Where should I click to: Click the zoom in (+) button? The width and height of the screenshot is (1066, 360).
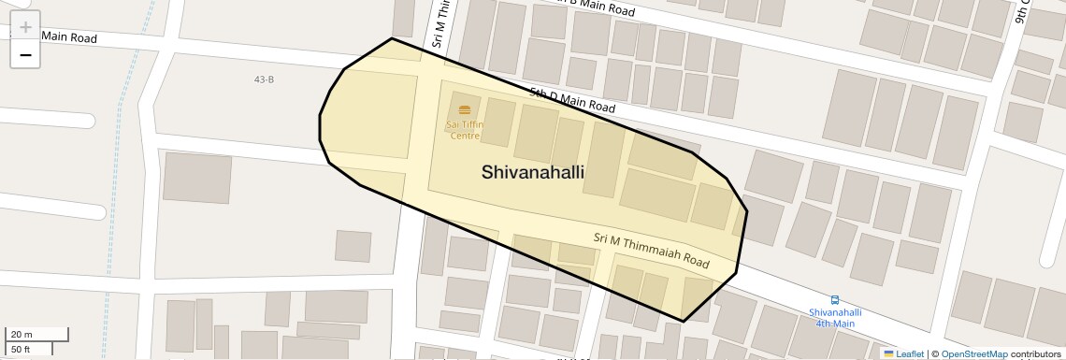[x=25, y=28]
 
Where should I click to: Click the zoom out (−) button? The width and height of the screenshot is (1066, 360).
[x=25, y=56]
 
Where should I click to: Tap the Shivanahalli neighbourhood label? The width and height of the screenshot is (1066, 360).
[x=533, y=172]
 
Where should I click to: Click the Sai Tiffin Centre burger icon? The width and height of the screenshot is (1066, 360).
[x=465, y=111]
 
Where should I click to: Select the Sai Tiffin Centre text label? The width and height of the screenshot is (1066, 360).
[x=465, y=130]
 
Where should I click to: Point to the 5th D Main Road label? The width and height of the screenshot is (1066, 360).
[x=571, y=100]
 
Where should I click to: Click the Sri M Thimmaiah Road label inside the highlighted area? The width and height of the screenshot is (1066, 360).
[x=651, y=251]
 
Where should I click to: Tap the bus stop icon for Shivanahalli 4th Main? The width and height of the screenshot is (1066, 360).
[x=835, y=301]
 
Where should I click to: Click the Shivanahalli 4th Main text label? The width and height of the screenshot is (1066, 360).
[x=835, y=318]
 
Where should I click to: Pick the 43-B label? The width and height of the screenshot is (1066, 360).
[x=264, y=79]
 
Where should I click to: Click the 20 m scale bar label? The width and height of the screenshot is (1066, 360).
[x=22, y=335]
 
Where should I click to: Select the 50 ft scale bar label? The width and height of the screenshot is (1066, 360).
[x=22, y=350]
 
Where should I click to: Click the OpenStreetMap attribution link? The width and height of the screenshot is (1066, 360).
[x=973, y=353]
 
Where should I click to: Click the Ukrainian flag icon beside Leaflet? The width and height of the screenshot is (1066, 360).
[x=888, y=353]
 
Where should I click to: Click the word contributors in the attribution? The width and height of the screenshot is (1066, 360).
[x=1035, y=353]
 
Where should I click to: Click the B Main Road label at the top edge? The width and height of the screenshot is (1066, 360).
[x=598, y=7]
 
